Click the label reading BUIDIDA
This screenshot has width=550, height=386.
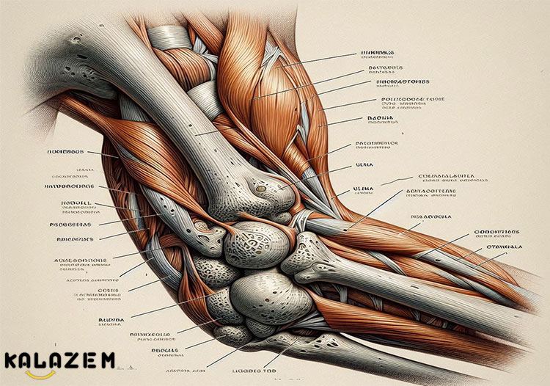point(111,320)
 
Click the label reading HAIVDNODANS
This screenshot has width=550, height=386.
point(75,186)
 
